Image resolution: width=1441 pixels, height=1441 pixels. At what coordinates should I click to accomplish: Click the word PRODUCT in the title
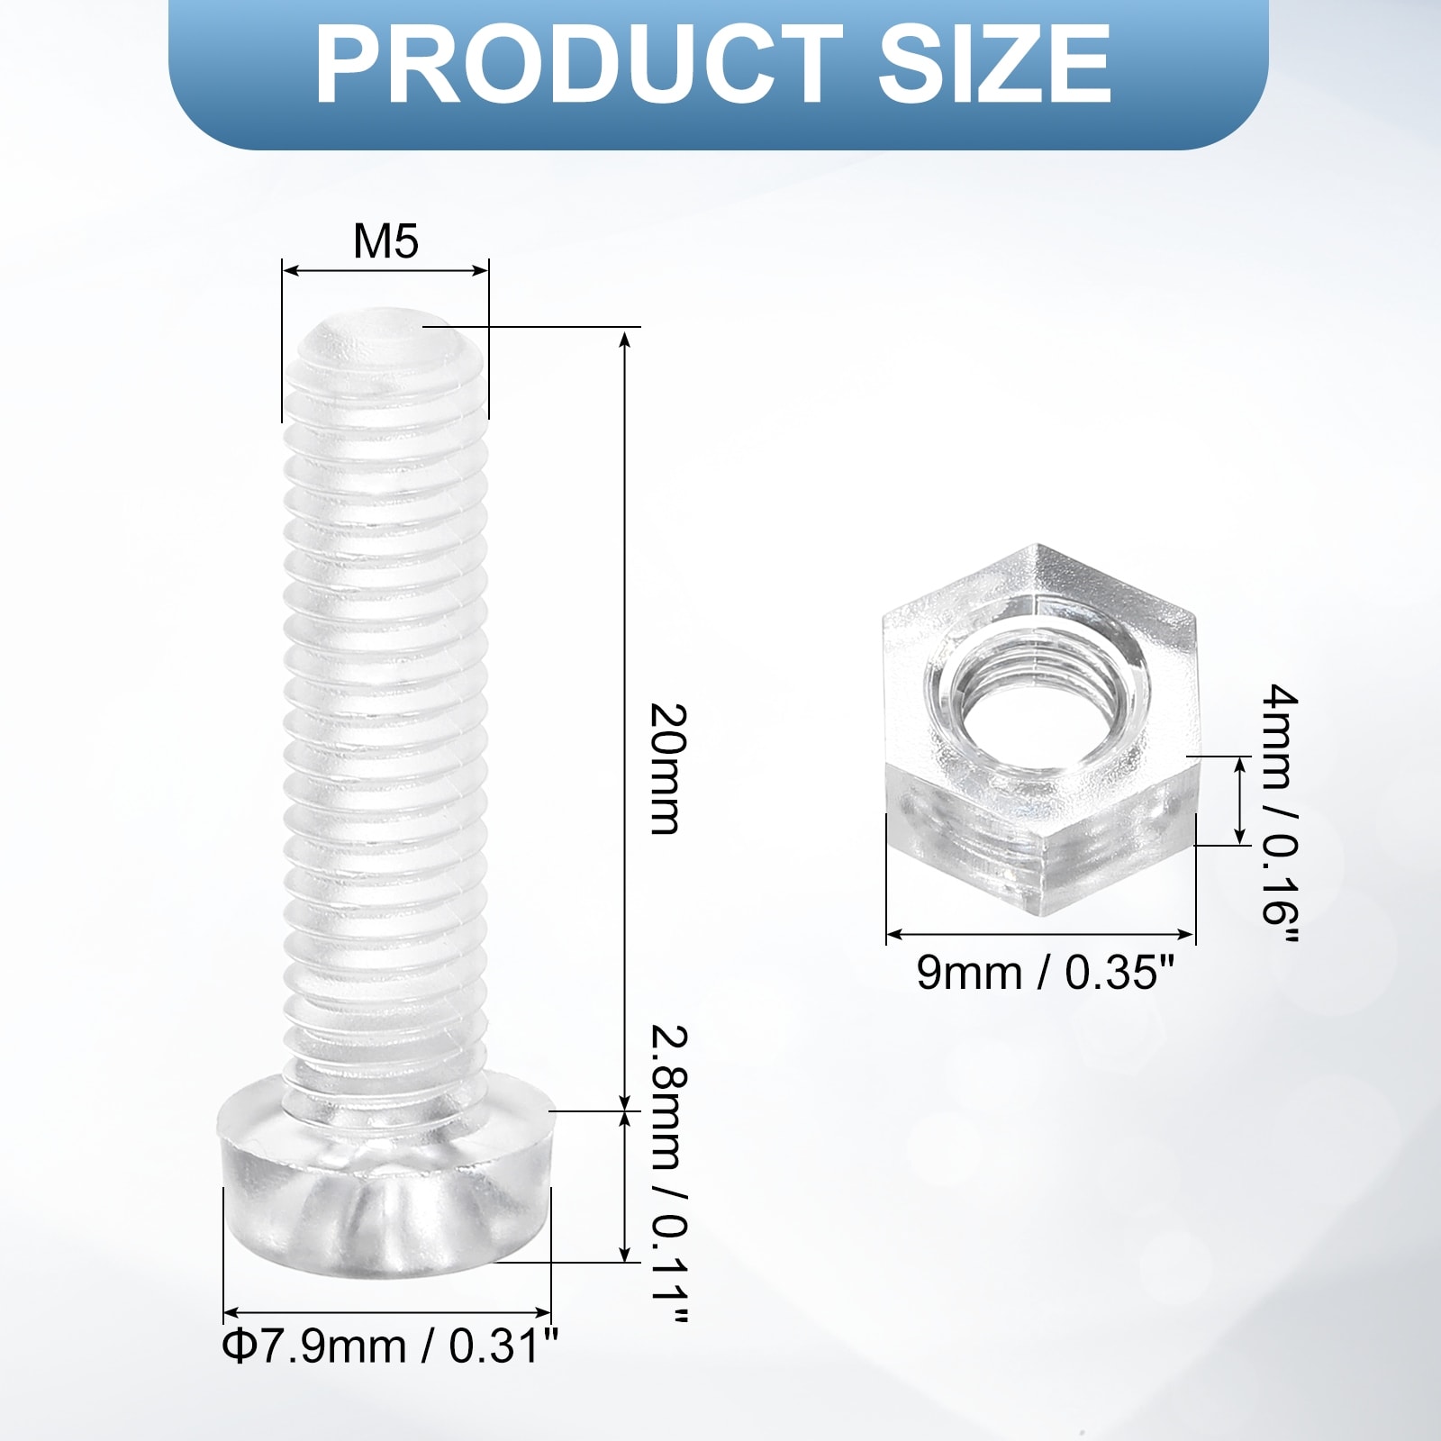click(579, 65)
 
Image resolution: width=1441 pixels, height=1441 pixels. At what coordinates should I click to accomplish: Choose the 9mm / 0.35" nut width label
click(1046, 974)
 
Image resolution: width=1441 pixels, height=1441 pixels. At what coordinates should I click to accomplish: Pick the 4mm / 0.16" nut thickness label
click(1280, 815)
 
